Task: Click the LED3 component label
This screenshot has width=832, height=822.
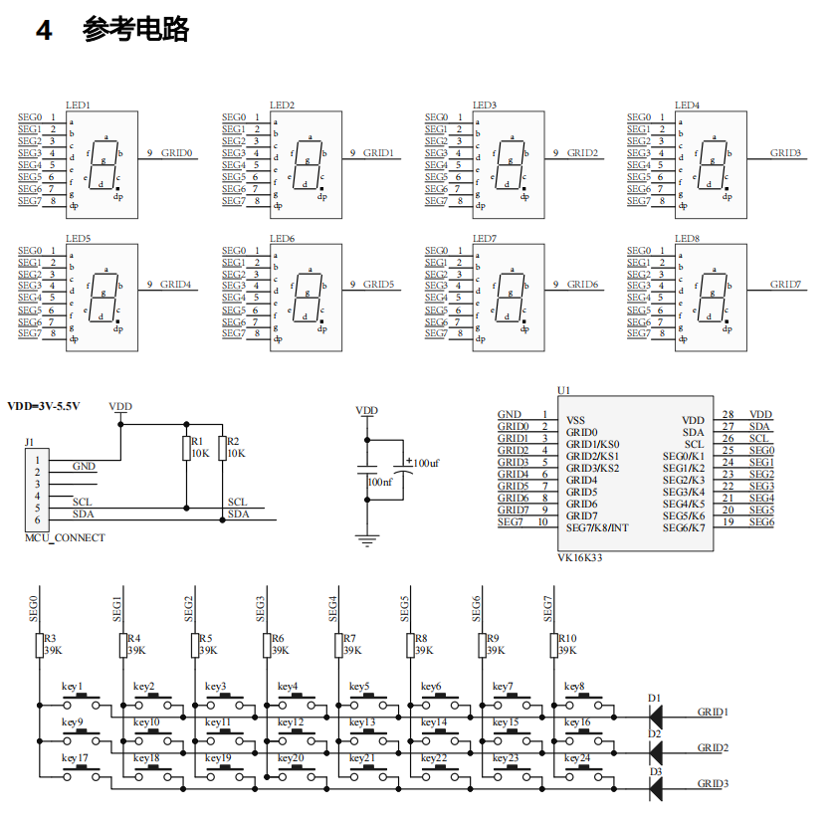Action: (485, 105)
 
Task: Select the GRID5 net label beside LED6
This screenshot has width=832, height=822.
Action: (378, 285)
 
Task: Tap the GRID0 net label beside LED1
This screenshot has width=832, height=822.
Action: (176, 153)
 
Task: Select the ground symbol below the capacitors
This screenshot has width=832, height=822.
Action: (367, 541)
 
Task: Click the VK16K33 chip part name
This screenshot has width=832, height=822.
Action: (579, 558)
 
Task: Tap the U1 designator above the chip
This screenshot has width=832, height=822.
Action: (563, 390)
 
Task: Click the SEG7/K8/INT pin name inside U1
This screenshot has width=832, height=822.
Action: (597, 527)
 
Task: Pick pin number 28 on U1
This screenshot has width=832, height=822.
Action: (728, 415)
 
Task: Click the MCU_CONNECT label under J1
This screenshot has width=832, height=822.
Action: (65, 538)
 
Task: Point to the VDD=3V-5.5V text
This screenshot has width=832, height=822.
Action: (44, 406)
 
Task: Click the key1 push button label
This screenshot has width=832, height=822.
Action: (73, 687)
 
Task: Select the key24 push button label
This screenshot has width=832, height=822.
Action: (576, 758)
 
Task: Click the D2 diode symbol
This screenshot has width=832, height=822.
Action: (656, 748)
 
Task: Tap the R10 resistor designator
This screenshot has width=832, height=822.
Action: (567, 639)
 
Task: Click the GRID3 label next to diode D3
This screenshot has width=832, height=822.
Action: (713, 784)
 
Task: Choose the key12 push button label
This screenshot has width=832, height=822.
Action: (290, 722)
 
